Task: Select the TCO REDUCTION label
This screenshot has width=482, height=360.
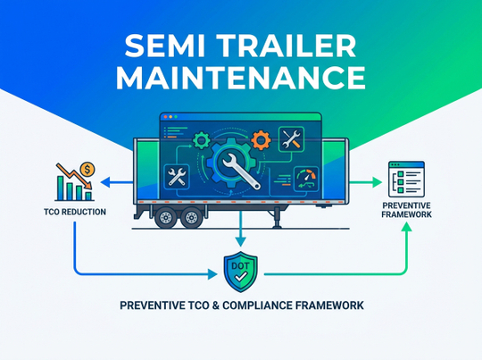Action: point(75,212)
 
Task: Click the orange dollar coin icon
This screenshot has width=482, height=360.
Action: point(87,169)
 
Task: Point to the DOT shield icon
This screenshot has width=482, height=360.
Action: point(241,272)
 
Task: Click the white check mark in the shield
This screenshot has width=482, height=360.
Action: point(241,277)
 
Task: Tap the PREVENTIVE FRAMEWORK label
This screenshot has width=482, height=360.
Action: point(406,210)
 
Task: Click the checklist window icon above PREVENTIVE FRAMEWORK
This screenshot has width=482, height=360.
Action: point(406,179)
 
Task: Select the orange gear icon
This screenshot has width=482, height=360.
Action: point(261,140)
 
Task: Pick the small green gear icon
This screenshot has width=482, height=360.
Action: point(202,140)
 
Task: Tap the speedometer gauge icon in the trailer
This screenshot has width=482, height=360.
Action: point(306,179)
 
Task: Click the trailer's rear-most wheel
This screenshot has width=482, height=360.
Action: point(166,217)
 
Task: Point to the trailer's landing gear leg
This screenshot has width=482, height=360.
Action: point(278,217)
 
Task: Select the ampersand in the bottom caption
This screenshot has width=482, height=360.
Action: point(215,306)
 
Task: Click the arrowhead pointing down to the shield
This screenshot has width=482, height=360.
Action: point(241,241)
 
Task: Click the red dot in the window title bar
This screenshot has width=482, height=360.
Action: point(166,117)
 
